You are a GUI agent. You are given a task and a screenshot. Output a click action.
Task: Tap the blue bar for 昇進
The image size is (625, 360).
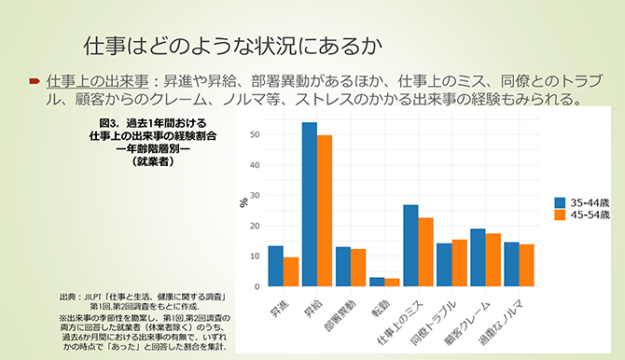275,266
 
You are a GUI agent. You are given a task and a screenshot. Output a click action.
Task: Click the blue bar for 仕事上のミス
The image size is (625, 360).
410,245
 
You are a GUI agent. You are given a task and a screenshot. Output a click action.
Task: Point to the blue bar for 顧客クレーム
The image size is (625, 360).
478,257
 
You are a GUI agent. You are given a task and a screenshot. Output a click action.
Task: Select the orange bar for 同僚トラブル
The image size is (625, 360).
460,262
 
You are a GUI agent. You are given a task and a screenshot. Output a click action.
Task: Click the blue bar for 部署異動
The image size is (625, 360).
343,266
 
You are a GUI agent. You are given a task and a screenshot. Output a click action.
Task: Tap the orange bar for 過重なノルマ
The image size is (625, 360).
527,265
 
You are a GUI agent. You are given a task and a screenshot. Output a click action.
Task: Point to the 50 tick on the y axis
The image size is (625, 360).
255,135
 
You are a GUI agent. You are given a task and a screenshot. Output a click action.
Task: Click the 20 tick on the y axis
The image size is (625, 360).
255,226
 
